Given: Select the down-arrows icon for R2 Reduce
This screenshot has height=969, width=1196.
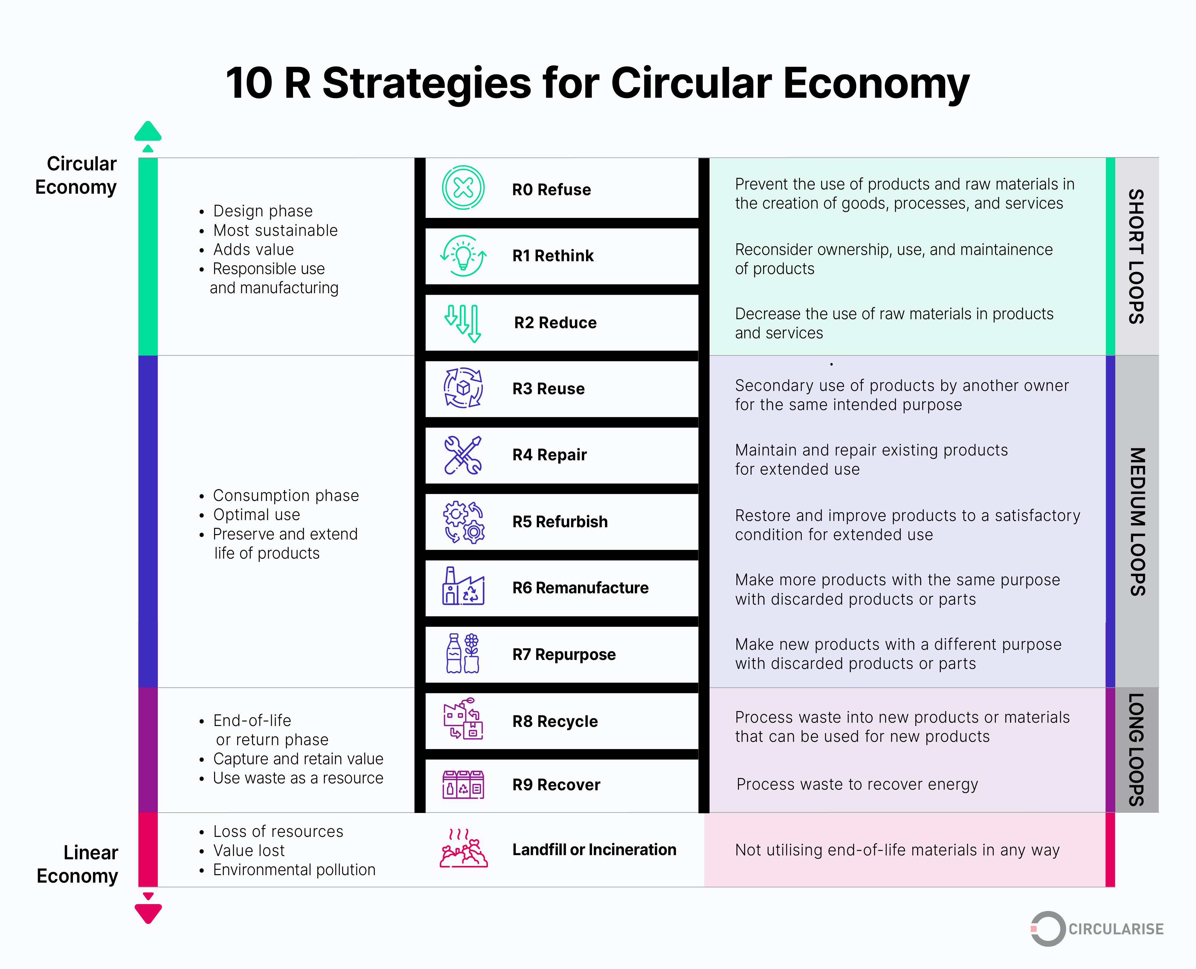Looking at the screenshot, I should coord(463,323).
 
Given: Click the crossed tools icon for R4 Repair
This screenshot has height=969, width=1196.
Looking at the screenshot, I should coord(463,455).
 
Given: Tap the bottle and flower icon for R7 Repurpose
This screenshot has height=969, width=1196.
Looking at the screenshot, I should coord(463,654).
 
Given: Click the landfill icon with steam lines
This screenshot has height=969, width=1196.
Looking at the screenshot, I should coord(463,849).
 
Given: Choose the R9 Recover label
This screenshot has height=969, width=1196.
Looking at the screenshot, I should coord(556,785).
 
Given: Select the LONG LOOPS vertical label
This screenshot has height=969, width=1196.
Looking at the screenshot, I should coord(1136,750).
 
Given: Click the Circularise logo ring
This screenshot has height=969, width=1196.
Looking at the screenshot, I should coord(1047,929).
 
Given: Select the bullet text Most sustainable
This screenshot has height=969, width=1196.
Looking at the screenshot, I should coord(275,230).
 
